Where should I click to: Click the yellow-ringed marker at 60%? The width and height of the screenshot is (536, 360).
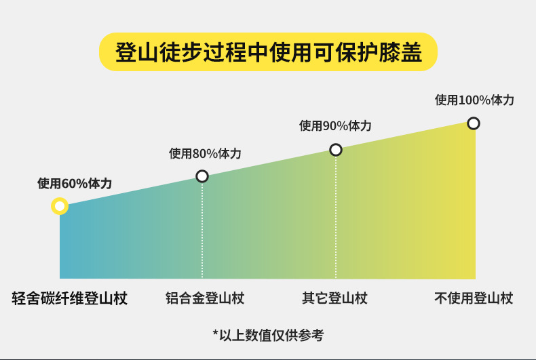60,205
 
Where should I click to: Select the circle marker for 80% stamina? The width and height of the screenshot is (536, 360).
202,176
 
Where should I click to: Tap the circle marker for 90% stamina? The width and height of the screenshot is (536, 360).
335,150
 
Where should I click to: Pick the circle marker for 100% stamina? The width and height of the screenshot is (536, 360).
474,123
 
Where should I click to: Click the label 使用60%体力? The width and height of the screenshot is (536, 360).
75,183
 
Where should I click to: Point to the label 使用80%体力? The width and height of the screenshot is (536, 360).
205,153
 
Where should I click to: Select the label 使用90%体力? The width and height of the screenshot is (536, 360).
335,125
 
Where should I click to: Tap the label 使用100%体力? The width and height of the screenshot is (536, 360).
474,100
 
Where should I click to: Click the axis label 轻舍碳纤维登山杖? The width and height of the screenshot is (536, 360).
70,298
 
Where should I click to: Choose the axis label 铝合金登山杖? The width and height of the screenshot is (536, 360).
205,298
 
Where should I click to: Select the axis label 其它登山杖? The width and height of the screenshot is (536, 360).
334,298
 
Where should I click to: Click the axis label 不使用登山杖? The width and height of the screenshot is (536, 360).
474,298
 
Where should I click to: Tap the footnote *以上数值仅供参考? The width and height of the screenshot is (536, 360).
268,334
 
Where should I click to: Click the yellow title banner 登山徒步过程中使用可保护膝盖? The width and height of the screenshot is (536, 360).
268,51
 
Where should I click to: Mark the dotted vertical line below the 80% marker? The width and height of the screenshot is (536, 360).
202,231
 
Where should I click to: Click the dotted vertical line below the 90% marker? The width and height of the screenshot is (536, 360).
335,217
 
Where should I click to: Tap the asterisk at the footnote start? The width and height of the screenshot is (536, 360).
216,333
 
